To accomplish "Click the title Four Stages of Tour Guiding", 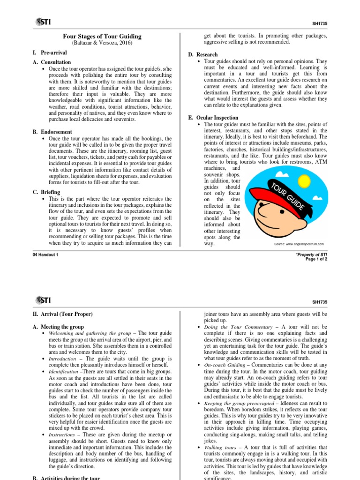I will click(102, 37).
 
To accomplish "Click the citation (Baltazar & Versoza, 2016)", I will click(102, 43).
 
